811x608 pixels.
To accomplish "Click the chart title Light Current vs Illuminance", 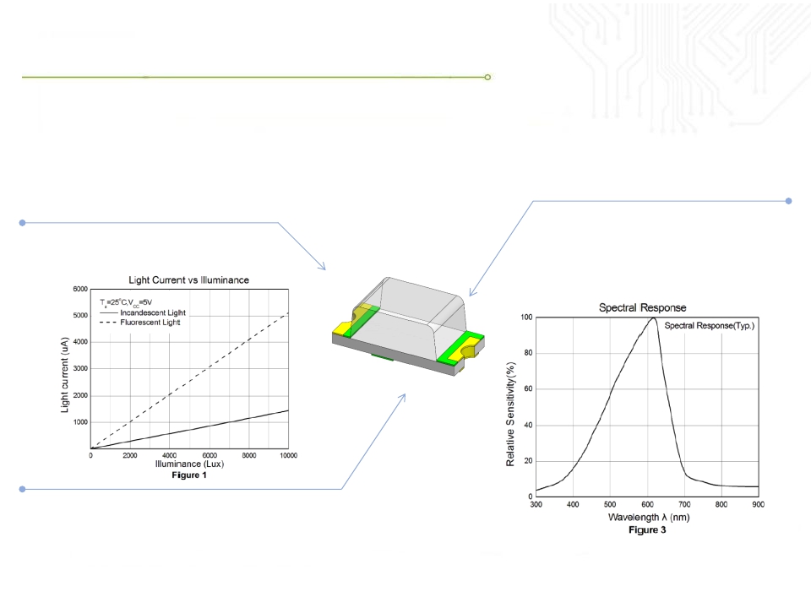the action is (x=188, y=280).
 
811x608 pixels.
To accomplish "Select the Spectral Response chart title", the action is (x=642, y=307).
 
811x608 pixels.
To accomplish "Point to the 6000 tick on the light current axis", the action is (x=80, y=289).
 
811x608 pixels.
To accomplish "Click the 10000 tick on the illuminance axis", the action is (x=289, y=455).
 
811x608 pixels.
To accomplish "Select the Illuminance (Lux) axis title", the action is (x=189, y=464).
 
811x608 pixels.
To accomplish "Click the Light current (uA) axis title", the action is (x=65, y=375).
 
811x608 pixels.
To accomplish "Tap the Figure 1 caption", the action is (x=189, y=475).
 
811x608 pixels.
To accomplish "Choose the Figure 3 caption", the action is (x=647, y=530).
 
